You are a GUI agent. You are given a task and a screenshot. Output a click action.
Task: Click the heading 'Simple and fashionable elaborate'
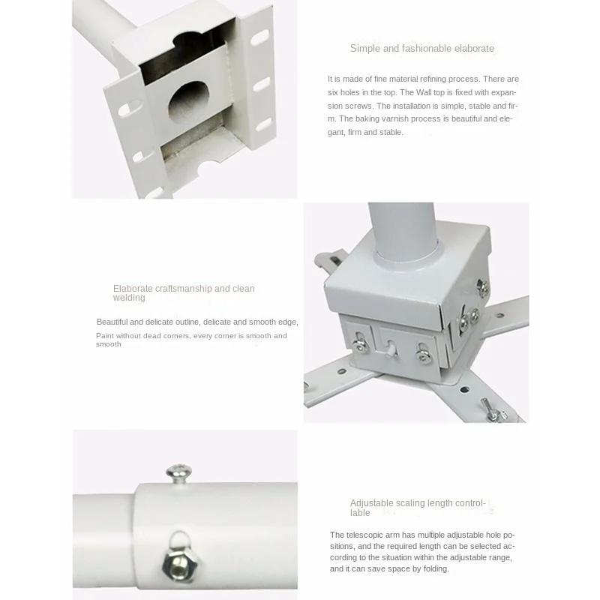coord(422,49)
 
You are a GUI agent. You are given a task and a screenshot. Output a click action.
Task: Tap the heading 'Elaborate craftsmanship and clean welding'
coord(184,293)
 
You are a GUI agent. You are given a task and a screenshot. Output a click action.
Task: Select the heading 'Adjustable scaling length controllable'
coord(418,508)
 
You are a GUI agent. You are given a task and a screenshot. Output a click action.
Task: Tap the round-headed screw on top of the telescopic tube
coord(178,474)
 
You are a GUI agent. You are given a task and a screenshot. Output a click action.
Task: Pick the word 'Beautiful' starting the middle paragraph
coord(112,322)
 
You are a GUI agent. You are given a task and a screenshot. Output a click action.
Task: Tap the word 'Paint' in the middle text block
coord(105,336)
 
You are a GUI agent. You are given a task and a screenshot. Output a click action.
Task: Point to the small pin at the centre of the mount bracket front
coord(389,347)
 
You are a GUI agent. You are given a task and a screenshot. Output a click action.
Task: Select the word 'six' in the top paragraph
coord(333,92)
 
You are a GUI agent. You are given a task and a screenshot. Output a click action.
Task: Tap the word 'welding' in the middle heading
coord(129,298)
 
